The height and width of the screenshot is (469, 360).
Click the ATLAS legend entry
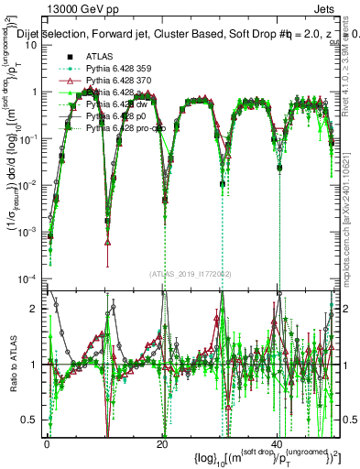[x=101, y=57]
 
